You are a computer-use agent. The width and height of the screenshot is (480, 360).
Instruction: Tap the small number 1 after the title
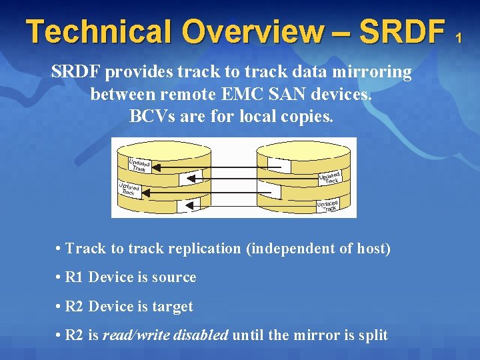458,39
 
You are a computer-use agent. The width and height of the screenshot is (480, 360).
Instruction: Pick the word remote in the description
219,94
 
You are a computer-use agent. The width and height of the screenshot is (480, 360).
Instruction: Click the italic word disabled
200,335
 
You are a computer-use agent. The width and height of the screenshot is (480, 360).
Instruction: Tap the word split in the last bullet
372,335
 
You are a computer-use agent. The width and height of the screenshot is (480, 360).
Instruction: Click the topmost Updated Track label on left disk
139,165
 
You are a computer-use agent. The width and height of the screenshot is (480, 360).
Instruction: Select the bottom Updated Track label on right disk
328,205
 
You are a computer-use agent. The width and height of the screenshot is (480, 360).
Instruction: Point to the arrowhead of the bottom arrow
182,206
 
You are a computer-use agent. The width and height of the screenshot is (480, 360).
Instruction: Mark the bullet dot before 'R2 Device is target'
59,307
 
